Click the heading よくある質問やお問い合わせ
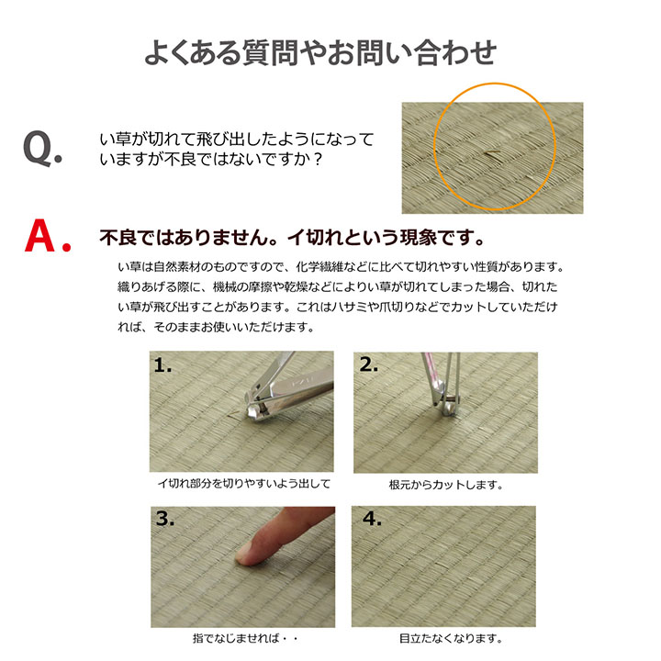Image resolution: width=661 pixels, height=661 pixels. [x=320, y=52]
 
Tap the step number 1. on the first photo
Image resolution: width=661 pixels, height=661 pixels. [x=164, y=365]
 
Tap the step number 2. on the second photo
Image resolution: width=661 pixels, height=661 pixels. [x=369, y=365]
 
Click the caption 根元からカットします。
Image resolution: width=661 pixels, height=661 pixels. [x=446, y=484]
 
